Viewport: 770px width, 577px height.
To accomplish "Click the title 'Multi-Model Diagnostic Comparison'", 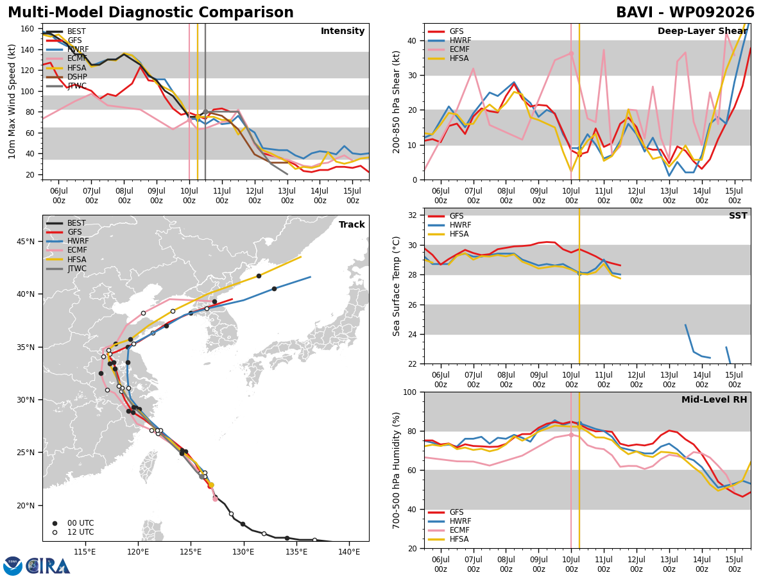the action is click(x=151, y=12).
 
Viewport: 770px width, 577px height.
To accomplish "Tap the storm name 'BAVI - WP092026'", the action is click(x=685, y=12).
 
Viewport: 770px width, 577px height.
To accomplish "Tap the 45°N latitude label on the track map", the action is click(x=26, y=242).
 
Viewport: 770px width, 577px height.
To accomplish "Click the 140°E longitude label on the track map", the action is click(x=349, y=552).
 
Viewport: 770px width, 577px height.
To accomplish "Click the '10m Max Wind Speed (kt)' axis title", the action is click(x=12, y=101).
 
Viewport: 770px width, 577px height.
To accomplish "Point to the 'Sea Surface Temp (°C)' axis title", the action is click(x=396, y=286).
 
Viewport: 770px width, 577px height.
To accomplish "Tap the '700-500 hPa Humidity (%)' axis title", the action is click(x=396, y=471).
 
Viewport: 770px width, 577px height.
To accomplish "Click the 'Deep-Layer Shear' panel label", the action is click(x=702, y=31).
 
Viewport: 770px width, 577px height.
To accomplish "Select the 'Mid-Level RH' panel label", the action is click(x=714, y=399).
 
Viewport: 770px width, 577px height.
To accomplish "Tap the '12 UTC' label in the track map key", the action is click(x=81, y=532).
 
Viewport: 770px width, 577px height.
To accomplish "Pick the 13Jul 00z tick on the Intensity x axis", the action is click(x=287, y=196).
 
